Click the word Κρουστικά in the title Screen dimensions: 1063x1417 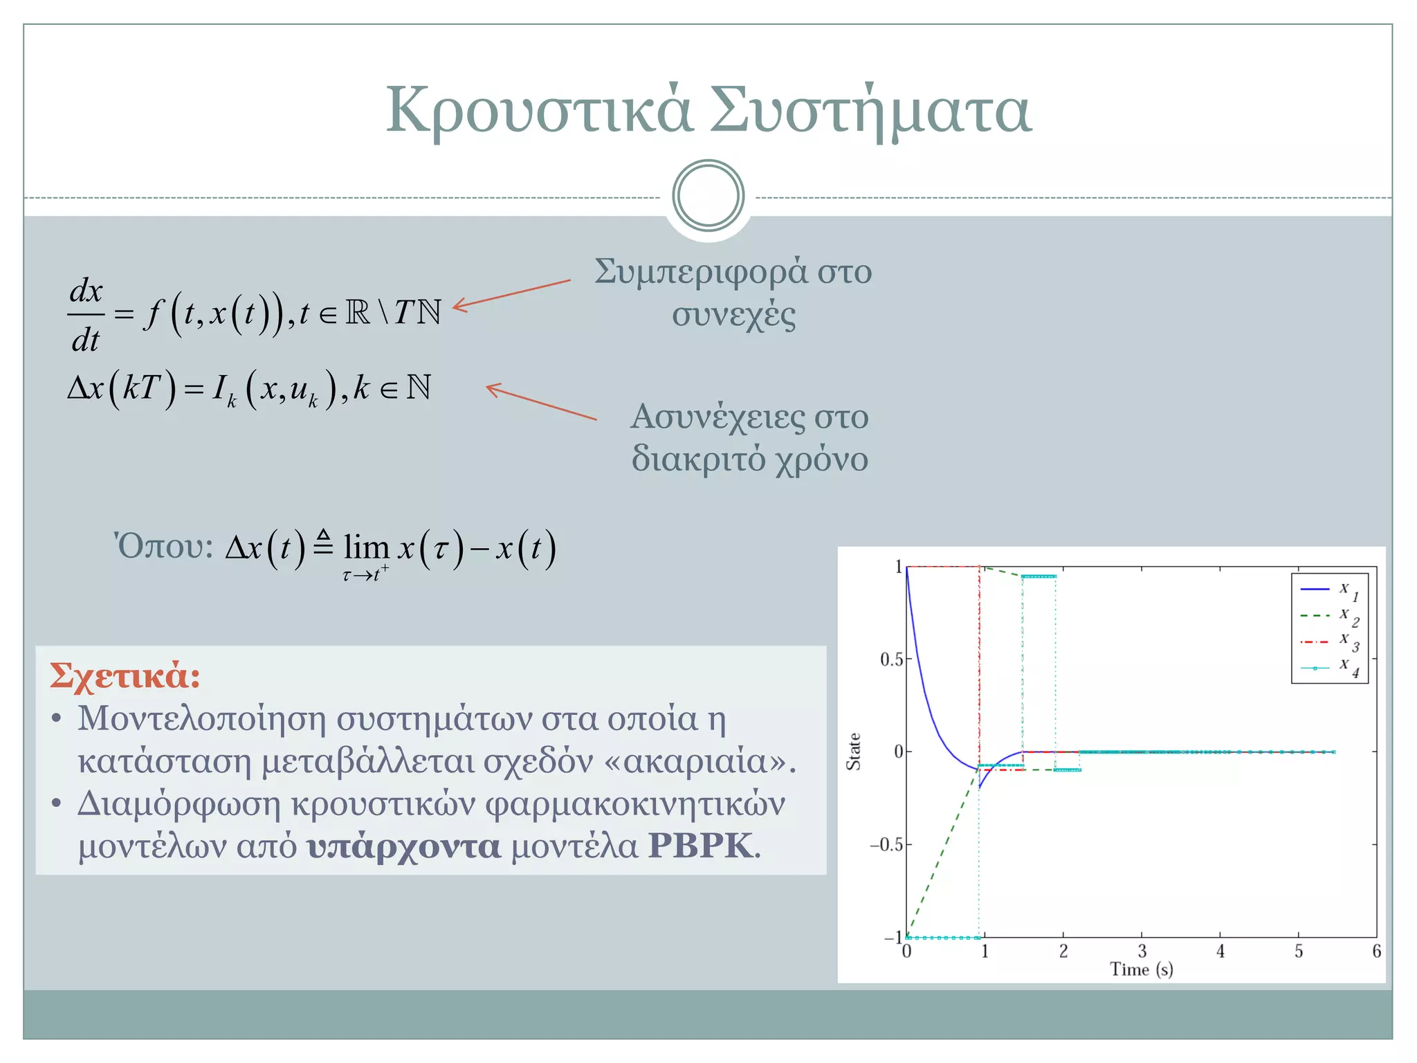pyautogui.click(x=538, y=111)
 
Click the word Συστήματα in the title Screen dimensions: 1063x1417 pyautogui.click(x=870, y=111)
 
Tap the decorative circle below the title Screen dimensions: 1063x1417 pyautogui.click(x=708, y=196)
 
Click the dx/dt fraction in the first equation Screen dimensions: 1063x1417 pyautogui.click(x=86, y=315)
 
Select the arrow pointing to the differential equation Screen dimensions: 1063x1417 pyautogui.click(x=512, y=294)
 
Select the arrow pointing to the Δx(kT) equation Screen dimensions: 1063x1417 pyautogui.click(x=541, y=402)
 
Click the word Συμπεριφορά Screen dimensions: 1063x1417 pyautogui.click(x=700, y=271)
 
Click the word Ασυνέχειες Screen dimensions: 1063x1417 pyautogui.click(x=717, y=417)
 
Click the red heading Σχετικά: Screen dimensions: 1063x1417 pyautogui.click(x=125, y=675)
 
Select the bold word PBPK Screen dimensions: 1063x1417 pyautogui.click(x=700, y=846)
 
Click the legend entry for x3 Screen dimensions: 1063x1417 pyautogui.click(x=1329, y=642)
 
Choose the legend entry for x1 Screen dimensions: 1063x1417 pyautogui.click(x=1329, y=590)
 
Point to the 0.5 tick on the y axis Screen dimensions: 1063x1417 pyautogui.click(x=892, y=660)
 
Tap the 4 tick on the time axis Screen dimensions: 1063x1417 pyautogui.click(x=1221, y=952)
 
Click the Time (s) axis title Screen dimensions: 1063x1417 pyautogui.click(x=1142, y=970)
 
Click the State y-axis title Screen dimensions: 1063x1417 pyautogui.click(x=854, y=752)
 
